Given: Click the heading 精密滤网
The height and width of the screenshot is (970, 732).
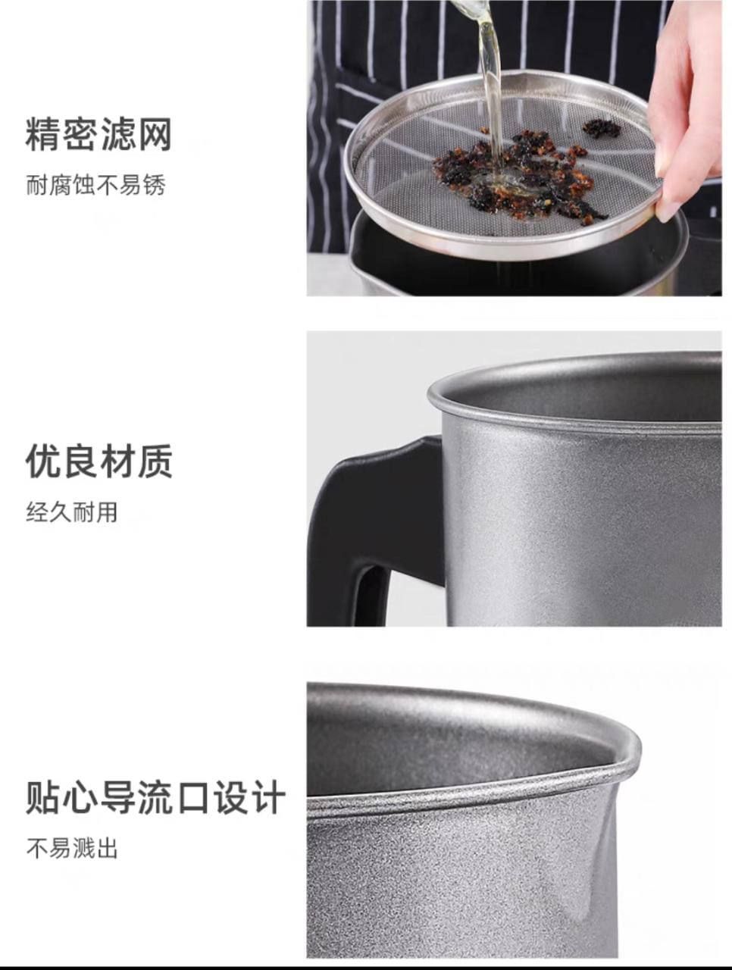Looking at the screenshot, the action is pos(98,134).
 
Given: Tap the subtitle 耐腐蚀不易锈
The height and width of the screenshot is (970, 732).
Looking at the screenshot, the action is pos(96,185).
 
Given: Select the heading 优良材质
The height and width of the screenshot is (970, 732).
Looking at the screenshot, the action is pos(99,461).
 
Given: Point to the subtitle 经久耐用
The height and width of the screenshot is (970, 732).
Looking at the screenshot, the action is pos(72,512).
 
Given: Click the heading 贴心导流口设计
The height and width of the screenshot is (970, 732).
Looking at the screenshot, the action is pos(155,796).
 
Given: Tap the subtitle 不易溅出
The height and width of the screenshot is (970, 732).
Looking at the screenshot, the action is pos(72,849).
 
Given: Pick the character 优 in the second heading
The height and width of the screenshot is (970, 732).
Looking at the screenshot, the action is pos(42,461).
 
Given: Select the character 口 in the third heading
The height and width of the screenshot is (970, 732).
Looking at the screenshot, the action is pos(192,797).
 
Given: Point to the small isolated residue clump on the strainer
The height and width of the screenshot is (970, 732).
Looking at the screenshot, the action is pos(602,127).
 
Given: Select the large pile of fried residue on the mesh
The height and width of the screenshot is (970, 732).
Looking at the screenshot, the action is pos(517,177).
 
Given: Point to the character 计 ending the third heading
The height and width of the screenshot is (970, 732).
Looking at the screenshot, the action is pos(267,797).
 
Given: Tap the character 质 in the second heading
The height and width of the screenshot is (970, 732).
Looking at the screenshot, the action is pos(155,461).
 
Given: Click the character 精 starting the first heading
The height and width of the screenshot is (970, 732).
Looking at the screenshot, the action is pos(42,134).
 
